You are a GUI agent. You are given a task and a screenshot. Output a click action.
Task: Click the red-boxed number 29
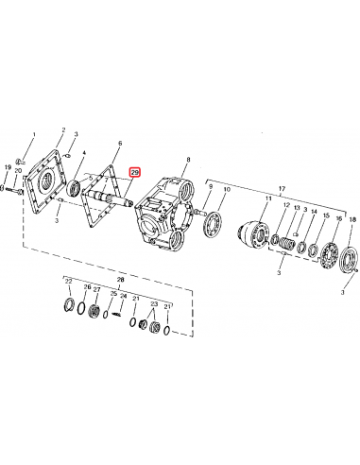(x=135, y=173)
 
